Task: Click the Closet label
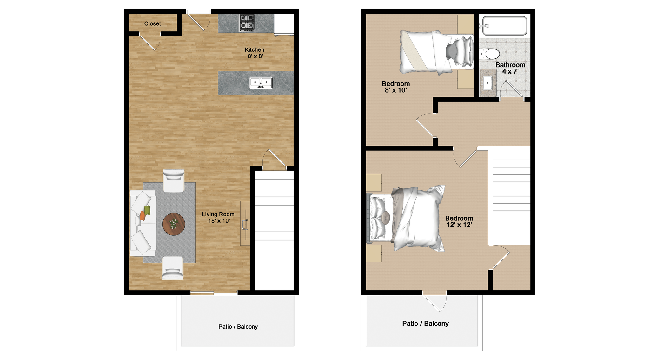[x=152, y=24]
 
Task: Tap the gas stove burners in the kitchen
[x=247, y=23]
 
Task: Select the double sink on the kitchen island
[x=261, y=83]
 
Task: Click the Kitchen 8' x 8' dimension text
[x=255, y=53]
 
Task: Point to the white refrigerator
[x=284, y=24]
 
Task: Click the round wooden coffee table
[x=174, y=224]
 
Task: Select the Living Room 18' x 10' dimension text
[x=218, y=218]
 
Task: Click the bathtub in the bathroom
[x=505, y=25]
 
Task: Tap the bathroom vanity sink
[x=488, y=83]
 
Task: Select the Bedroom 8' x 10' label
[x=396, y=87]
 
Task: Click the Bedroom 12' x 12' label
[x=459, y=221]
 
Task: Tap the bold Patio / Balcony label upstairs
[x=425, y=324]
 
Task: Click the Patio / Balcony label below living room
[x=238, y=327]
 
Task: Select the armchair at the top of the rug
[x=174, y=180]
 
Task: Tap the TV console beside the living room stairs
[x=245, y=223]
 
